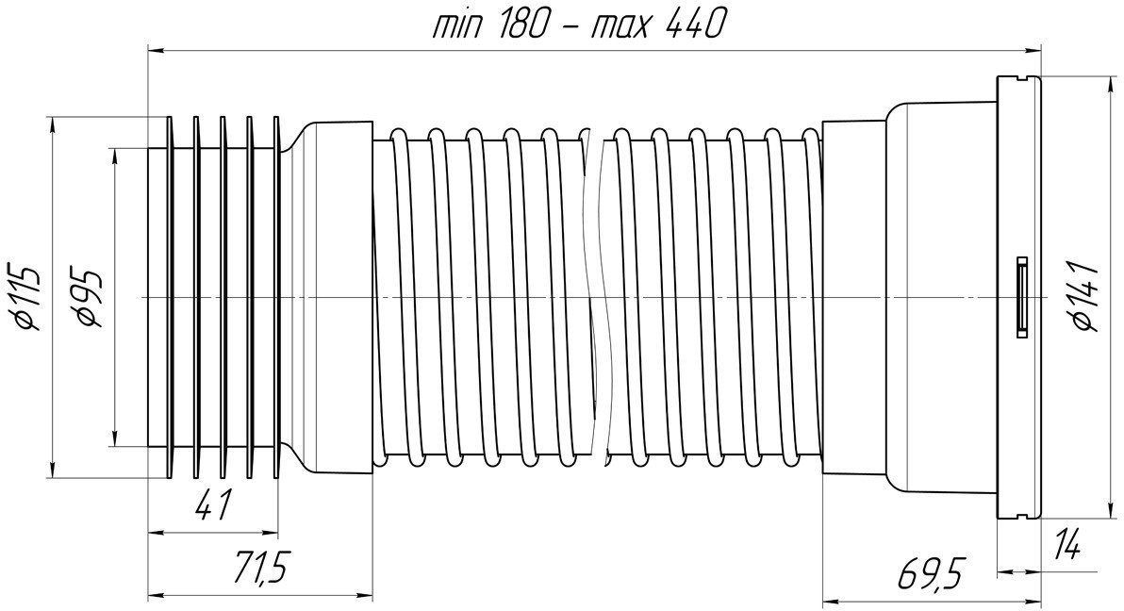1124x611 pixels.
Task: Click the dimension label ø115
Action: tap(23, 297)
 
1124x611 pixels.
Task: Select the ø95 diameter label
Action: tap(91, 298)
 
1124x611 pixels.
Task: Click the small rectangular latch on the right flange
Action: tap(1021, 296)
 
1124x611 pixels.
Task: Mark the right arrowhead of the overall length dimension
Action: tap(1033, 50)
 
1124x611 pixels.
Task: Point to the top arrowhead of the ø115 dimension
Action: tap(52, 124)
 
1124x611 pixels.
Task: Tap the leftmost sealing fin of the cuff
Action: tap(169, 297)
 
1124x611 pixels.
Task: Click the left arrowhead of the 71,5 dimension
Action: tap(156, 595)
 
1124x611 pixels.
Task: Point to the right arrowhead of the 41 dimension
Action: tap(270, 532)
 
